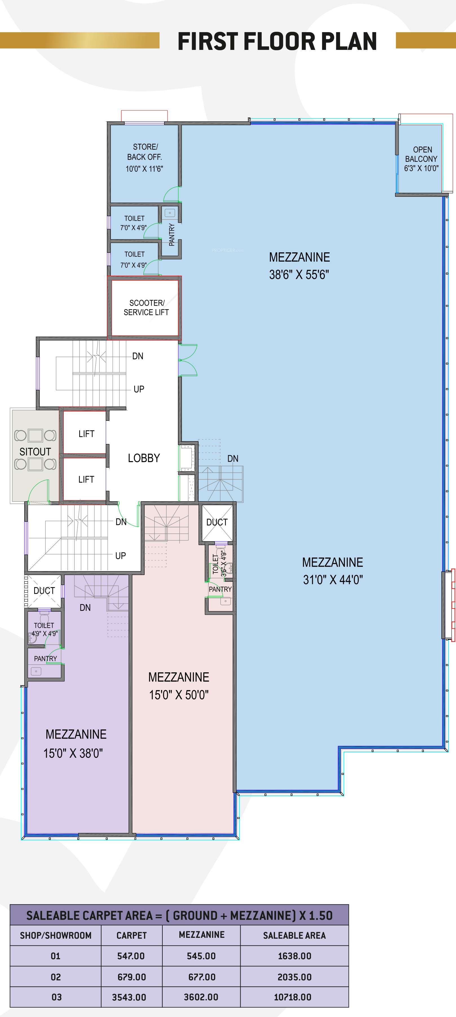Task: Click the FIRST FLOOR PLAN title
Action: [277, 41]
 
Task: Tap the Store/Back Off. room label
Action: [145, 152]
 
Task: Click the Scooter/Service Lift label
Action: [146, 308]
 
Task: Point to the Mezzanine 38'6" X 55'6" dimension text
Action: [299, 274]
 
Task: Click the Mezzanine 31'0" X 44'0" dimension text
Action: [333, 580]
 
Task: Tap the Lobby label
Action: [144, 458]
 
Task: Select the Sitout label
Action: [35, 452]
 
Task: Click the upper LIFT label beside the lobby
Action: [87, 434]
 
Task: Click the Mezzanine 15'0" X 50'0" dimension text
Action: [179, 695]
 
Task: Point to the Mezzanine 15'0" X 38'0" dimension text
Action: [73, 753]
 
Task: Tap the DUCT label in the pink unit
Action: [217, 522]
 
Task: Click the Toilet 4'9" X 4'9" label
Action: [44, 629]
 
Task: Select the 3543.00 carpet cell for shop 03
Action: [129, 997]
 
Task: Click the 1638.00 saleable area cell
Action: [294, 956]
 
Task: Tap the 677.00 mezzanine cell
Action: [202, 977]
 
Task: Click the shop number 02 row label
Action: [56, 977]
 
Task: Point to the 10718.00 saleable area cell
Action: [293, 997]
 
